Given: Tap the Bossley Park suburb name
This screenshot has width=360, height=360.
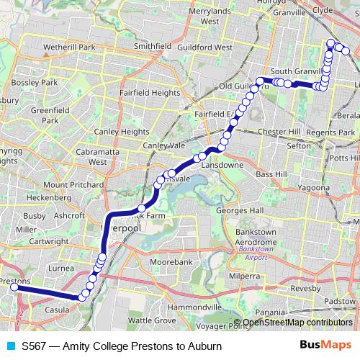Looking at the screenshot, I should pyautogui.click(x=39, y=83).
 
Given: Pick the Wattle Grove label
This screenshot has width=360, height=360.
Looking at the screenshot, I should pyautogui.click(x=151, y=320).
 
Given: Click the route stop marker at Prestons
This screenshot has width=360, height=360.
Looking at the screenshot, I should pyautogui.click(x=14, y=287).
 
